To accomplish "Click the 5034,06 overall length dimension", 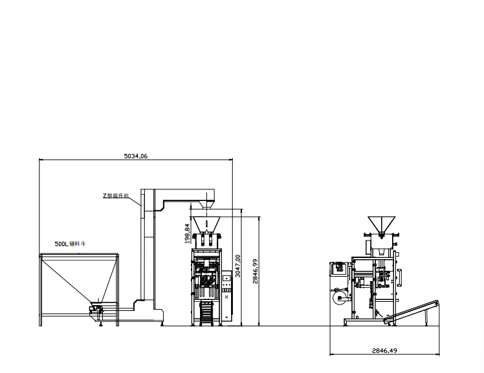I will click(135, 156).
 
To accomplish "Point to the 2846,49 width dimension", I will click(384, 350).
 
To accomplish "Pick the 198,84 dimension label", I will click(188, 233).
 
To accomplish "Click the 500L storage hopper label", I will click(70, 244).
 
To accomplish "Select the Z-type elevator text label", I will click(116, 195).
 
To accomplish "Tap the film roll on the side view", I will click(338, 298).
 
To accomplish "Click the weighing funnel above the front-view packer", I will click(208, 226).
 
